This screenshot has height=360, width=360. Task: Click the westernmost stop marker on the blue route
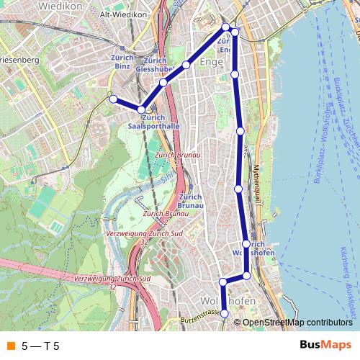[x=112, y=99]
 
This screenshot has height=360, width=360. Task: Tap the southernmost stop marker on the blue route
[x=225, y=313]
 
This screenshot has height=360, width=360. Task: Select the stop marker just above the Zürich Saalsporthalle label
[x=142, y=109]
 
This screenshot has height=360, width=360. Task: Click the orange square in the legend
[x=10, y=346]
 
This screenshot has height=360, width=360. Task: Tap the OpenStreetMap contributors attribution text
[x=297, y=323]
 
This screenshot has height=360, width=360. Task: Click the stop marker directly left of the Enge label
[x=186, y=66]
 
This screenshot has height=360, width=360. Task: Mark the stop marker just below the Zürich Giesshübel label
[x=163, y=83]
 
